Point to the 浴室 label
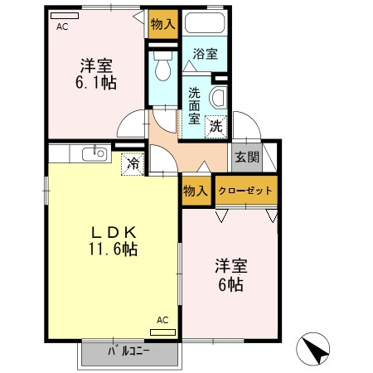point(205,55)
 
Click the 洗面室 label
point(194,105)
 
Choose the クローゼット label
point(245,191)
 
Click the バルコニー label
point(128,350)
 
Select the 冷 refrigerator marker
point(132,164)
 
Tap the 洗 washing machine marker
point(216,127)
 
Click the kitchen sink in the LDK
point(98,153)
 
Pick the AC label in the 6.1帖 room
point(62,27)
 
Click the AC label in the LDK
point(162,320)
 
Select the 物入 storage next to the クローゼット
point(196,191)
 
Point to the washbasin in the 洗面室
point(218,97)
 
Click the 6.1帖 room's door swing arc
point(130,125)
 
